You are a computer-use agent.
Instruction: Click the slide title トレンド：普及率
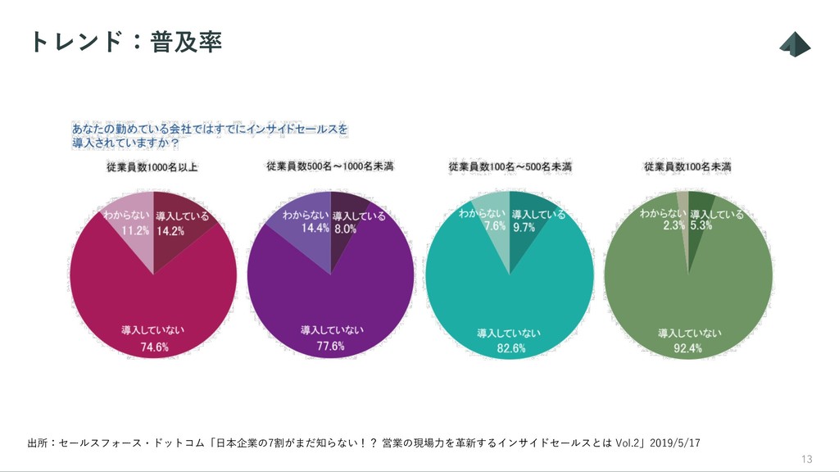pos(125,42)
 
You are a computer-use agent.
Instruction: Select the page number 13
pos(806,458)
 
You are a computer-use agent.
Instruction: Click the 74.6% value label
pos(154,347)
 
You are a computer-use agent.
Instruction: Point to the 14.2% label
pos(171,231)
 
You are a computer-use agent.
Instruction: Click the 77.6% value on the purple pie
pos(331,347)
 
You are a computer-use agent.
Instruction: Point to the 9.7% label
pos(523,228)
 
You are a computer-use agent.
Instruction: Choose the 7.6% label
pos(495,227)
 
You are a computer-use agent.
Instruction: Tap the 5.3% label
pos(702,226)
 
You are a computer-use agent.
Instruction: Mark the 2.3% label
pos(674,226)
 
